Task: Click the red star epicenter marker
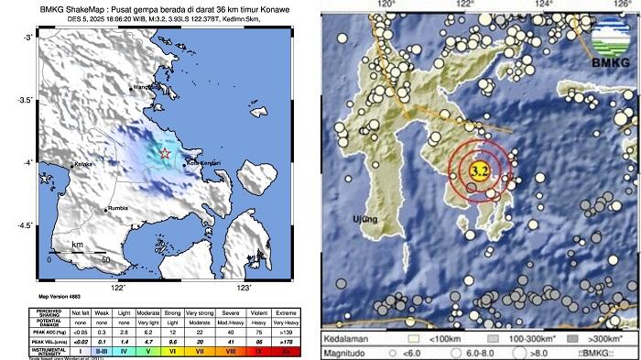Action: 165,153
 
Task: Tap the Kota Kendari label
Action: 204,164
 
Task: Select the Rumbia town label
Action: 118,209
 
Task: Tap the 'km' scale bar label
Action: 78,245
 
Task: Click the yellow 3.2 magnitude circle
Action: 478,170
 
